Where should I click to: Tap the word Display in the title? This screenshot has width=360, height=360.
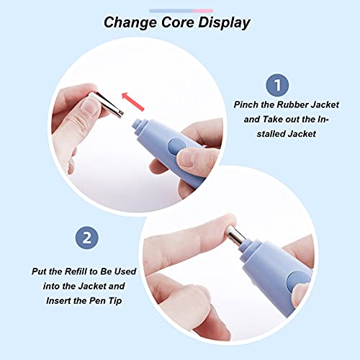[224, 22]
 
